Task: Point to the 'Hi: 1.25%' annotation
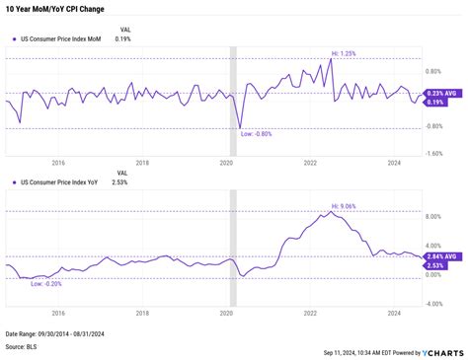(x=343, y=52)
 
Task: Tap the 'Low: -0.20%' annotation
(x=47, y=283)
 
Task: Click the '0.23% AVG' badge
(x=440, y=93)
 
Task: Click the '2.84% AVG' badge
(x=440, y=255)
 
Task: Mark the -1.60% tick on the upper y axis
(x=435, y=155)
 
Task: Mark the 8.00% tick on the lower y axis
(x=432, y=216)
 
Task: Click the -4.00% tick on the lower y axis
(x=433, y=304)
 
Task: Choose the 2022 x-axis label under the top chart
(x=310, y=163)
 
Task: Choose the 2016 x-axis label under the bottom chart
(x=58, y=312)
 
